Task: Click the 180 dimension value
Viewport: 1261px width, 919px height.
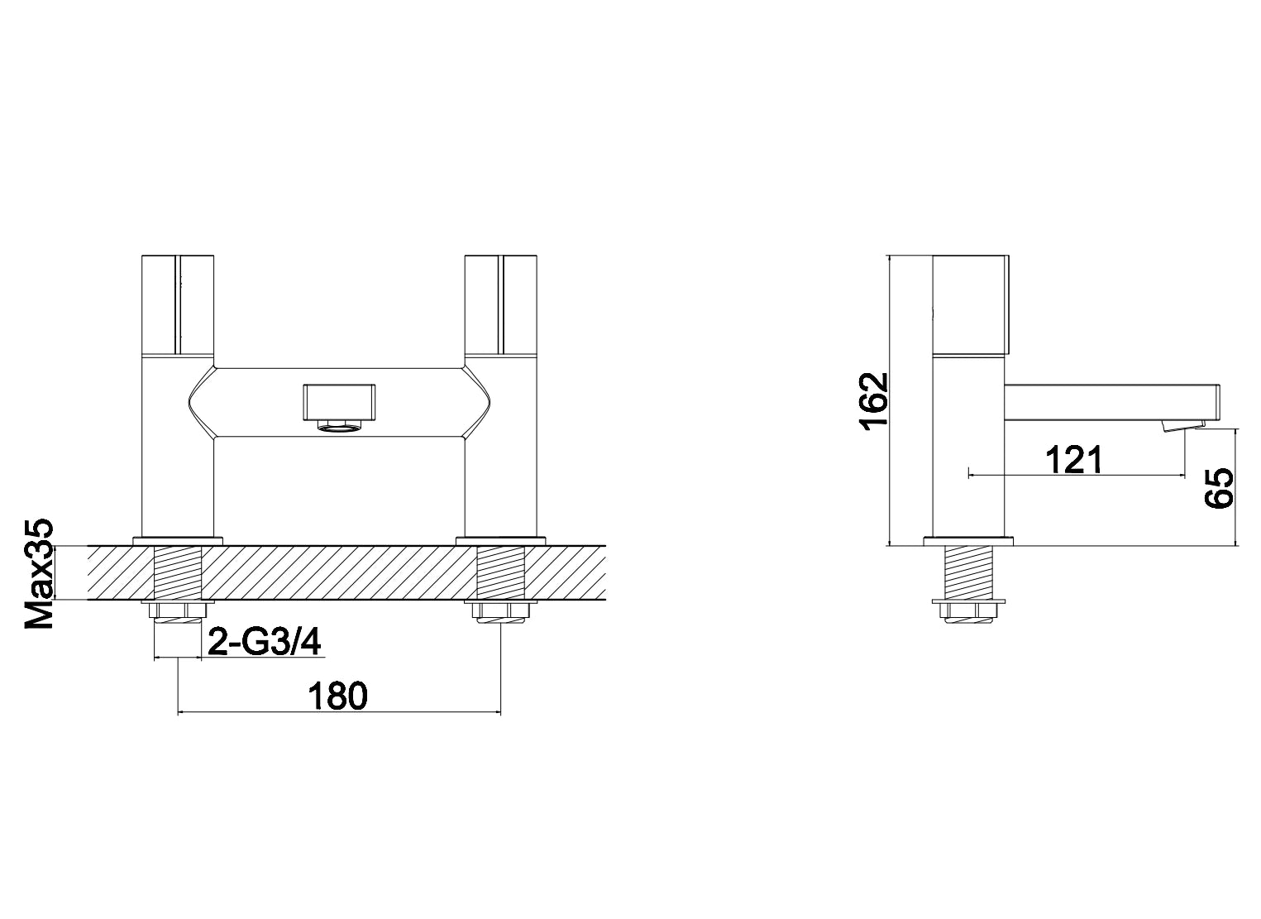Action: pyautogui.click(x=337, y=696)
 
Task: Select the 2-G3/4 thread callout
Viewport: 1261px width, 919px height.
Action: pyautogui.click(x=263, y=642)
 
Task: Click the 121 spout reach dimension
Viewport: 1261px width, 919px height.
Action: pyautogui.click(x=1073, y=459)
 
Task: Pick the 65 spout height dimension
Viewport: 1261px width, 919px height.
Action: pyautogui.click(x=1220, y=488)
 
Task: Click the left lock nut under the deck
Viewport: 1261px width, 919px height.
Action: pyautogui.click(x=179, y=611)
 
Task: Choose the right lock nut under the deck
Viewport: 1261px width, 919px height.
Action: pyautogui.click(x=501, y=611)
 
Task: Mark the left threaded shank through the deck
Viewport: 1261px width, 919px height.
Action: pyautogui.click(x=179, y=572)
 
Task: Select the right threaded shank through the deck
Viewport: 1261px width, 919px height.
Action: pyautogui.click(x=501, y=572)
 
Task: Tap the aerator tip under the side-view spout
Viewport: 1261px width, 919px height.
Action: pyautogui.click(x=1182, y=426)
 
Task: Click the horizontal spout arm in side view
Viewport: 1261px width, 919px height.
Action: pyautogui.click(x=1112, y=402)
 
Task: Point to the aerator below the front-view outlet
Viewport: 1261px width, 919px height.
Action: pyautogui.click(x=340, y=426)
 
